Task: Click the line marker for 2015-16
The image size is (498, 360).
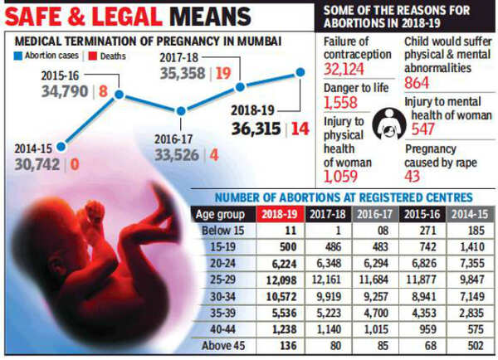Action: pos(120,95)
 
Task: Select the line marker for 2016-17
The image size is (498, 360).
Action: pos(180,110)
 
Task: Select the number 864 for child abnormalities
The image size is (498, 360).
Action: pos(420,83)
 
